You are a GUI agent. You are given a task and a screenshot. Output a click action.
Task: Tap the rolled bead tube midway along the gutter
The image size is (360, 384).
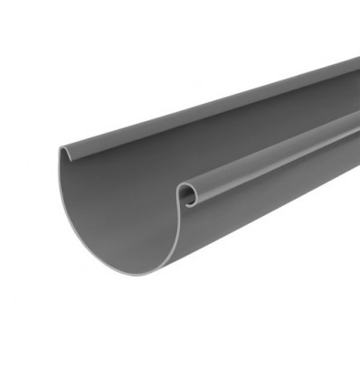[x=271, y=155]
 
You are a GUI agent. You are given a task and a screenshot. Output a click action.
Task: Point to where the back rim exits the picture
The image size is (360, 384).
[x=357, y=61]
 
